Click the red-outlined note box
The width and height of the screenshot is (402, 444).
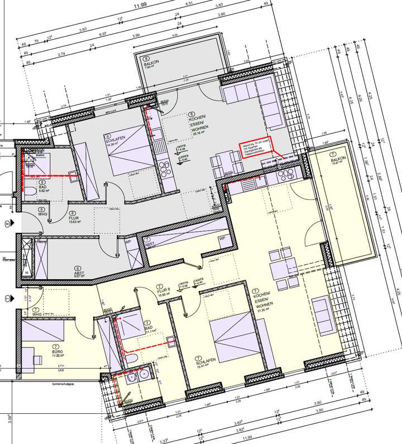tap(256, 149)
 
